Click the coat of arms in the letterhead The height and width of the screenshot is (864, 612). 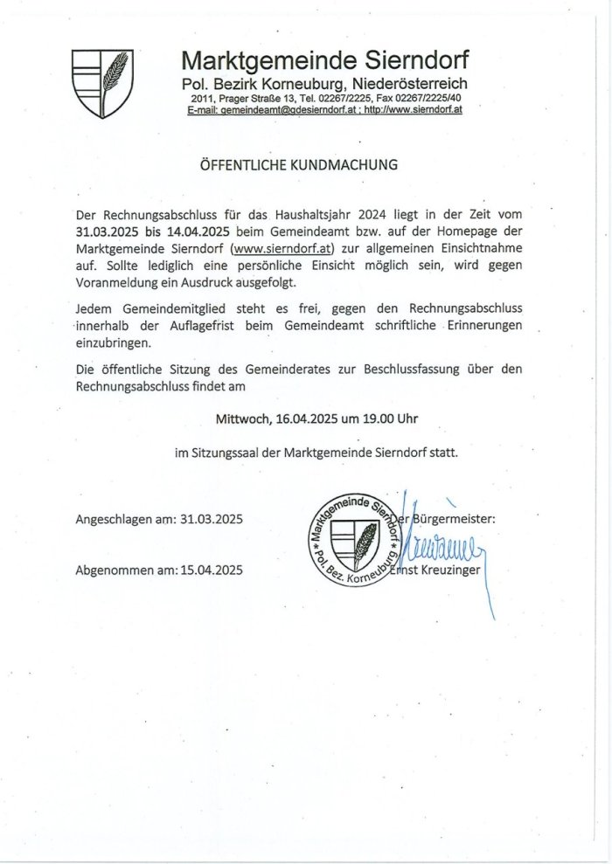click(102, 82)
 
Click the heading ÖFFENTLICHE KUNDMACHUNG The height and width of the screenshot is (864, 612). click(299, 164)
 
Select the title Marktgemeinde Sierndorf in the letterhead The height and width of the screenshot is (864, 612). click(325, 60)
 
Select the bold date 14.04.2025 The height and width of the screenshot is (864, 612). click(198, 232)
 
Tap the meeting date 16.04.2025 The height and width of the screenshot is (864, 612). click(306, 418)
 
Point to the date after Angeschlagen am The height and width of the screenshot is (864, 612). click(212, 519)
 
